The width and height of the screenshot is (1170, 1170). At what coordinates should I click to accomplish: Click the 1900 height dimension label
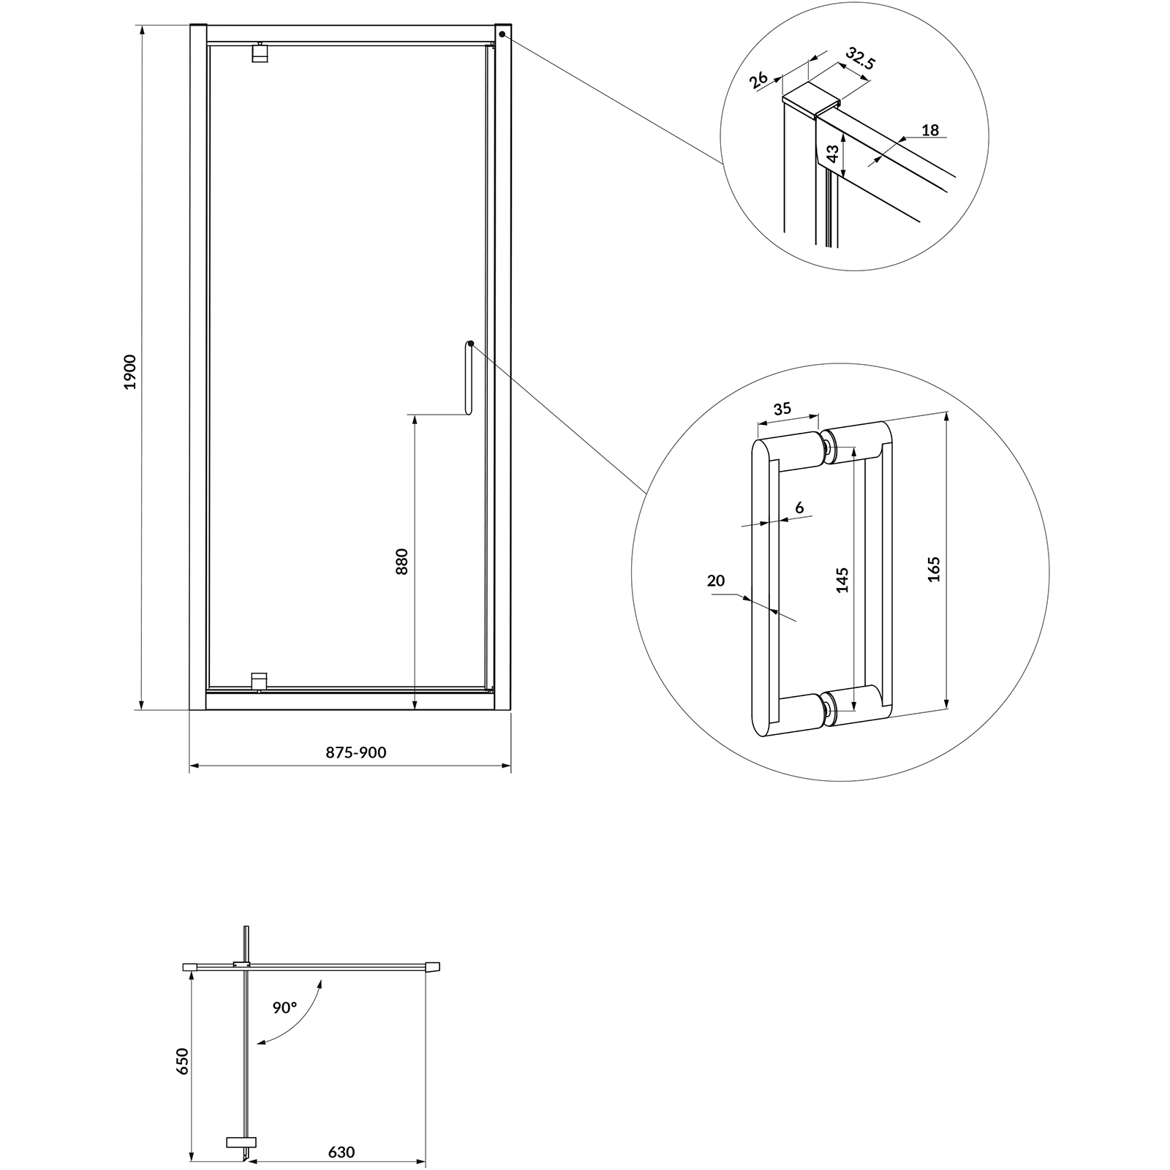click(130, 371)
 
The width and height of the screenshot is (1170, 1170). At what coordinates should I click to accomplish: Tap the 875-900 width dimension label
click(356, 752)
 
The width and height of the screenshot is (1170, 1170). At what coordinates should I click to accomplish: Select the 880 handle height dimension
click(401, 561)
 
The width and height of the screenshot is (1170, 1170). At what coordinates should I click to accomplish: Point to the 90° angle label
click(285, 1007)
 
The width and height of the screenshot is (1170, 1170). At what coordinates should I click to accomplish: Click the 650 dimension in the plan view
click(182, 1061)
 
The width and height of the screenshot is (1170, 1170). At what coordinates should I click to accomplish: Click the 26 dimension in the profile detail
click(758, 80)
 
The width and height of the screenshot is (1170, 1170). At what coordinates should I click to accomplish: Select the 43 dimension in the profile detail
click(832, 154)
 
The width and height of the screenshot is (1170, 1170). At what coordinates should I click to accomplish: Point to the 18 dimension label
click(930, 130)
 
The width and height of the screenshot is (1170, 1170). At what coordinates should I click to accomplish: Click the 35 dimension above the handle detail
click(782, 409)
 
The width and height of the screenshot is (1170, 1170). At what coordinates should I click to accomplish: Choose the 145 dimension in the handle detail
click(842, 579)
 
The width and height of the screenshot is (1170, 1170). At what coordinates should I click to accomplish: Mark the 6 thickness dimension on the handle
click(799, 507)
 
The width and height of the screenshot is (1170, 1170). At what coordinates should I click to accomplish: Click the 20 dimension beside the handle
click(716, 581)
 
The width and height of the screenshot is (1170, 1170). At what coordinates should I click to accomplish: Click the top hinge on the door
click(260, 53)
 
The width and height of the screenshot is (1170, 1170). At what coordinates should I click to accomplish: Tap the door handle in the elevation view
click(468, 378)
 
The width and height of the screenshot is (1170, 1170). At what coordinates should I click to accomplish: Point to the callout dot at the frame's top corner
click(503, 34)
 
